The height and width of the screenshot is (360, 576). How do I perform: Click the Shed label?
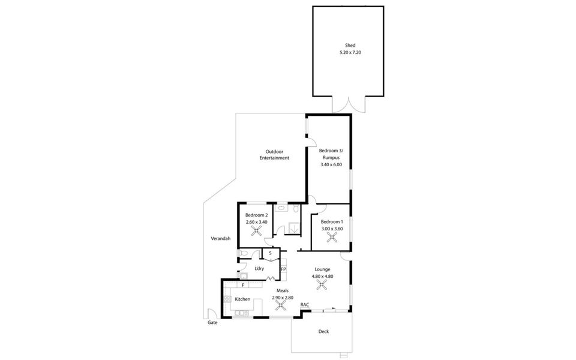tap(350, 46)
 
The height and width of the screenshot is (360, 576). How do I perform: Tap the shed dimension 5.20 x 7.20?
tap(350, 53)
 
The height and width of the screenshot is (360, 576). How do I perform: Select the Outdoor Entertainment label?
tap(274, 155)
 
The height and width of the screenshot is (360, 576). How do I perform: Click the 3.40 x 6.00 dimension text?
tap(331, 164)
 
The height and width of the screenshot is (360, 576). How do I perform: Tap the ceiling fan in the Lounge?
tap(322, 285)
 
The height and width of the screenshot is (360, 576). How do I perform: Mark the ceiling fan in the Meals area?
tap(280, 305)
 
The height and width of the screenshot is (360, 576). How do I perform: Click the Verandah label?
tap(221, 239)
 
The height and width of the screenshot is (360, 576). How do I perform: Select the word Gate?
tap(212, 322)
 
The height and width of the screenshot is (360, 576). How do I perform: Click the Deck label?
tap(323, 331)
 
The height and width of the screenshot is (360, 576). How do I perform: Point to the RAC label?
tap(305, 305)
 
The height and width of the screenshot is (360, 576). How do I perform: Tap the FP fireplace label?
tap(283, 269)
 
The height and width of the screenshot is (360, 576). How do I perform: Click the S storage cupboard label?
tap(270, 253)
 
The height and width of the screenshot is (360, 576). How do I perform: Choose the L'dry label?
tap(259, 268)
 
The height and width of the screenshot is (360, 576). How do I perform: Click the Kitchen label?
tap(242, 299)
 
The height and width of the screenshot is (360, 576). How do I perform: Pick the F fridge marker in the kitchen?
tap(243, 286)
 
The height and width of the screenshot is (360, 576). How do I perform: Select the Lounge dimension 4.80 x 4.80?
tap(322, 276)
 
